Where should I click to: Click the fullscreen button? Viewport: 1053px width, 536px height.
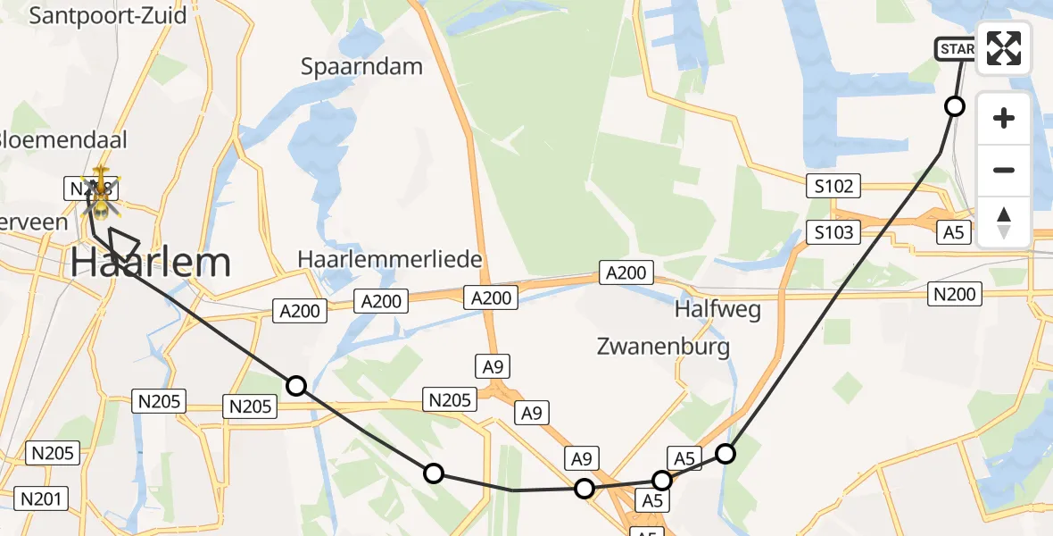[1004, 48]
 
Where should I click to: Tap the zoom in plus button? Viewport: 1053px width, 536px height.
[1004, 118]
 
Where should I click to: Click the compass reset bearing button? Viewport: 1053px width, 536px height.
[1004, 222]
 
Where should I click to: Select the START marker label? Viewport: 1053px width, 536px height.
[955, 49]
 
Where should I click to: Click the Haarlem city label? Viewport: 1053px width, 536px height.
[150, 263]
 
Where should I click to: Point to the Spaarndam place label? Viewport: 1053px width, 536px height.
[361, 66]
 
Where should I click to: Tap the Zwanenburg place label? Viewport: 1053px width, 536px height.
[663, 347]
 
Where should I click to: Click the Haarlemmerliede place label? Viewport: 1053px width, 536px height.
[390, 260]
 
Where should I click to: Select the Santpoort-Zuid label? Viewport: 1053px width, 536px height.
[108, 15]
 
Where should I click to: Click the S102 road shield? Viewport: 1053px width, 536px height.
[833, 187]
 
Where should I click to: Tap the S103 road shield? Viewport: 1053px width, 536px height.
[833, 233]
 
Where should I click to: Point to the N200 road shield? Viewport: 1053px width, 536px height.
[954, 292]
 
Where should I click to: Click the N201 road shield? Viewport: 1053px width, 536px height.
[42, 498]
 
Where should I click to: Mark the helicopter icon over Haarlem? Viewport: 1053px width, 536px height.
[102, 192]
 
